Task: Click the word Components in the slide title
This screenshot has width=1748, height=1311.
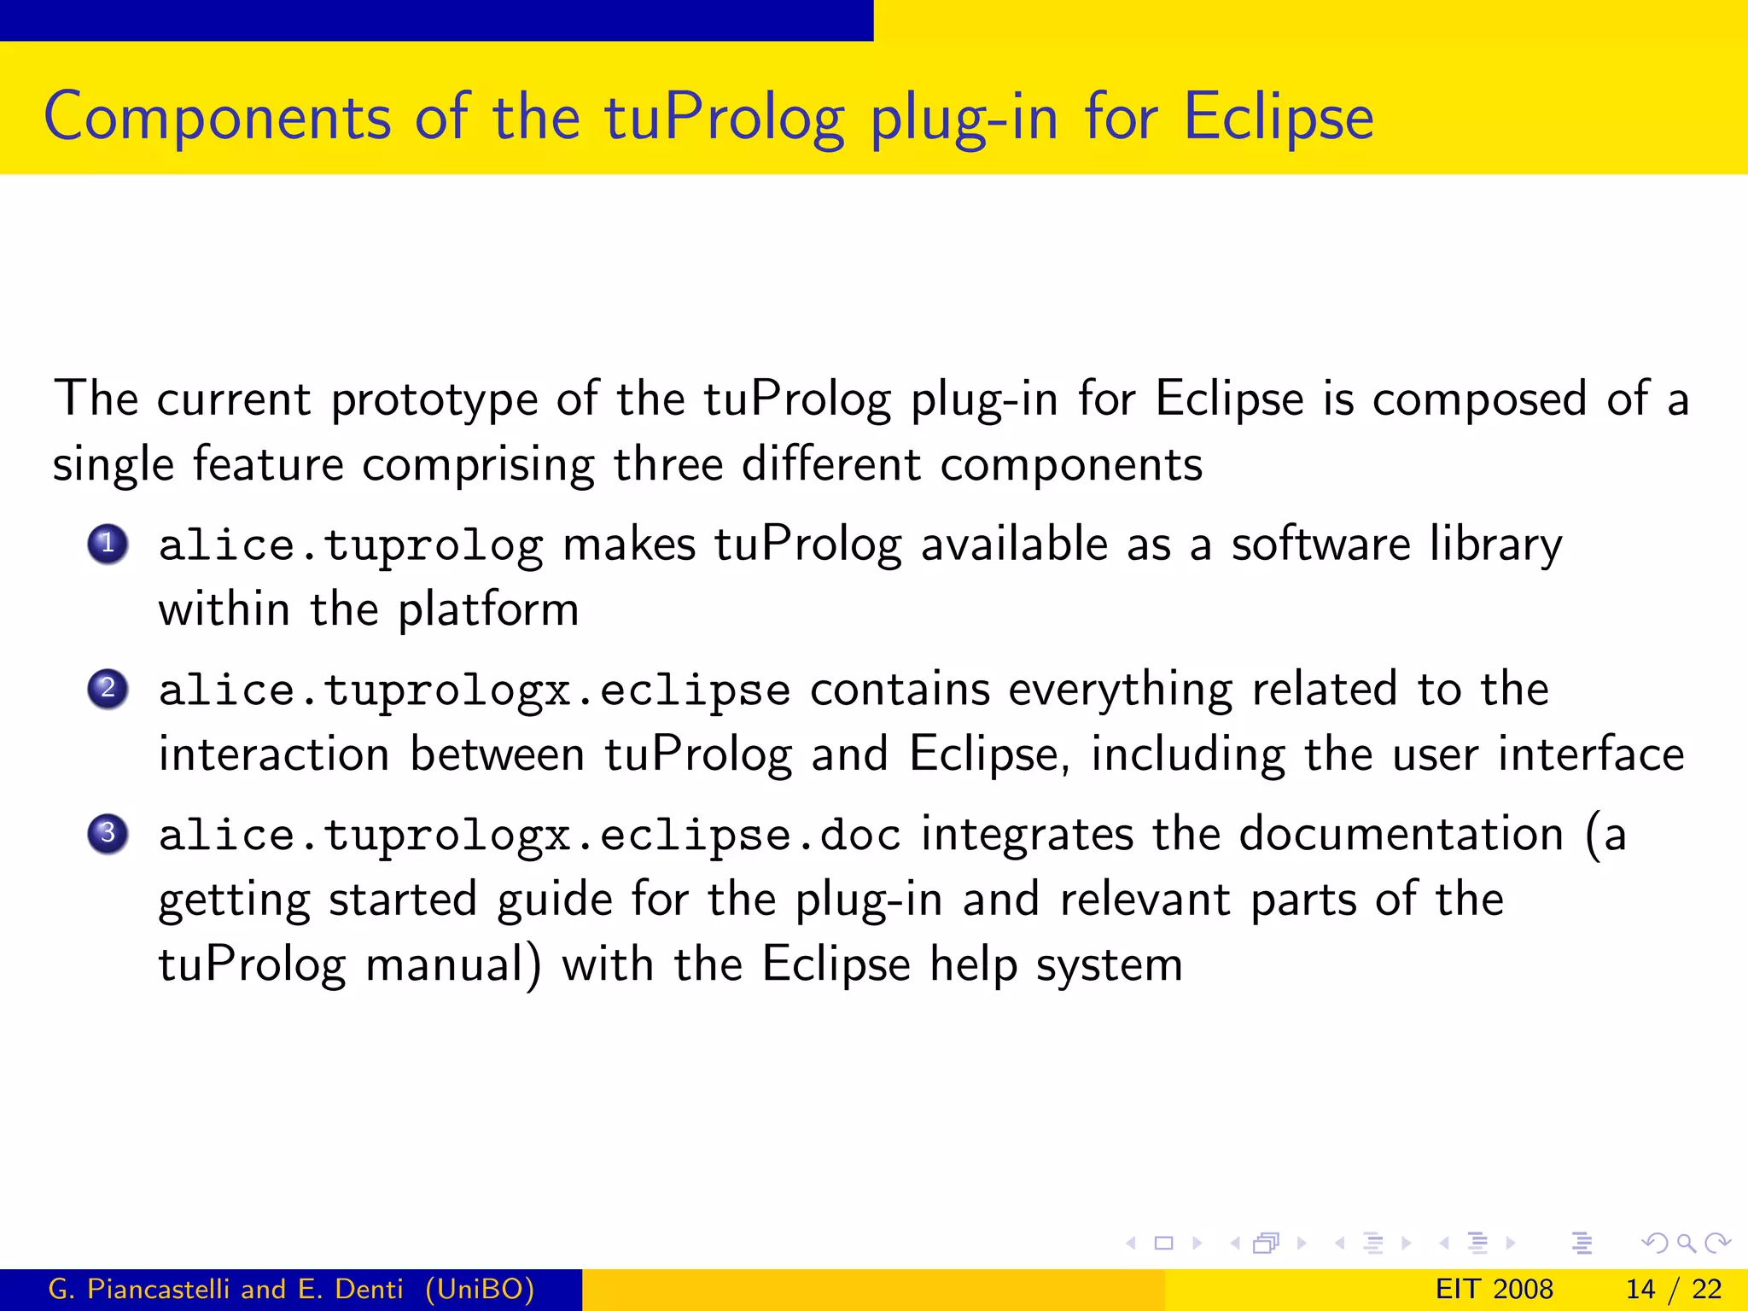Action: click(217, 118)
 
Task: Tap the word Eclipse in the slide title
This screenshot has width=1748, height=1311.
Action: click(1278, 118)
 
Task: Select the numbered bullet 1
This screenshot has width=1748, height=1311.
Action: click(108, 544)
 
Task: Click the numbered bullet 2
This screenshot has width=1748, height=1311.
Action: click(108, 689)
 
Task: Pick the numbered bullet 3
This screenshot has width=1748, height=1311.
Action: click(108, 833)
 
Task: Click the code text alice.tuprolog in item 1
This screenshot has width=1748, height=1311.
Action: click(350, 546)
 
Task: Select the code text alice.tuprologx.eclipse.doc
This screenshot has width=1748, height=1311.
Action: click(529, 835)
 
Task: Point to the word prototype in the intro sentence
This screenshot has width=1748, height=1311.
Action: click(434, 399)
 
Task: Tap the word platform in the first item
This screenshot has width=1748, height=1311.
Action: click(488, 610)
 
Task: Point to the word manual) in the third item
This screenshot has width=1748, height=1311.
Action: click(453, 965)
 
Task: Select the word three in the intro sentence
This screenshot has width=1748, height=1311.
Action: click(667, 465)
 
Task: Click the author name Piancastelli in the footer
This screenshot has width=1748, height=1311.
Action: click(159, 1289)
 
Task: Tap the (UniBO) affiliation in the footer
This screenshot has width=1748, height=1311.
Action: click(480, 1289)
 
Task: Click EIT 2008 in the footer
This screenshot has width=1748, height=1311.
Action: click(1494, 1289)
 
